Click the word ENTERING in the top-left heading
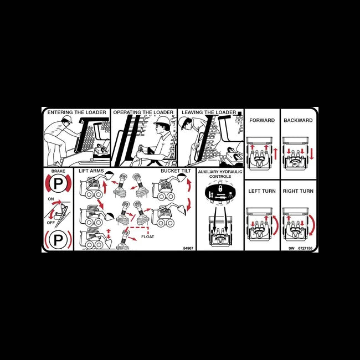60,112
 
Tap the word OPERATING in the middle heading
128,112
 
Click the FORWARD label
262,120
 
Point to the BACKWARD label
298,120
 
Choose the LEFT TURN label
262,191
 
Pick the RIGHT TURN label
298,191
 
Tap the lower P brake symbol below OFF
58,240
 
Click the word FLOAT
148,236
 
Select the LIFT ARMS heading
91,171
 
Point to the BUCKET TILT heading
176,171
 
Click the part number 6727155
305,248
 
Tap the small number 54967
188,248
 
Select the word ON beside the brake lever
51,198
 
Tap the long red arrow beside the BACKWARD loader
312,153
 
